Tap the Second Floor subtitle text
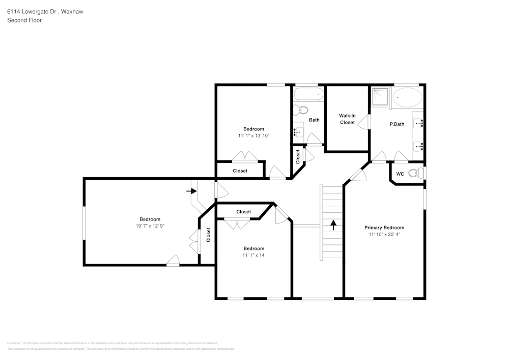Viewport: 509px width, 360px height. (x=24, y=20)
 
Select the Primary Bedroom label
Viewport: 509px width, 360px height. (x=384, y=228)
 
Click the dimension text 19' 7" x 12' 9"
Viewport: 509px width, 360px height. (x=150, y=226)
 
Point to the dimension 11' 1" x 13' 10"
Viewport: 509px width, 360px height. (x=253, y=135)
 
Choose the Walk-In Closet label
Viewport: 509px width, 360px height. (x=347, y=119)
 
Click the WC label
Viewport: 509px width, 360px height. (x=400, y=174)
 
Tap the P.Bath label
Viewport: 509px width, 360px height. (x=397, y=124)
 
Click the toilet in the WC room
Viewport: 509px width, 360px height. (x=417, y=174)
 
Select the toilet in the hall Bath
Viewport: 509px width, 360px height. (x=302, y=109)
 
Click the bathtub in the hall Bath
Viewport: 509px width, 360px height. (x=308, y=94)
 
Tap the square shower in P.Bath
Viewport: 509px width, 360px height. (x=380, y=96)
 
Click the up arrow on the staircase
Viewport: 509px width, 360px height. (x=333, y=225)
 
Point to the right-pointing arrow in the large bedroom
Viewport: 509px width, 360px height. (x=191, y=191)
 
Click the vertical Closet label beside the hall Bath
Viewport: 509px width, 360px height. (x=298, y=156)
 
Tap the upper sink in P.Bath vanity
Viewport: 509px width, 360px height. (x=419, y=123)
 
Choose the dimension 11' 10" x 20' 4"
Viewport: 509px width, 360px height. (x=384, y=234)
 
